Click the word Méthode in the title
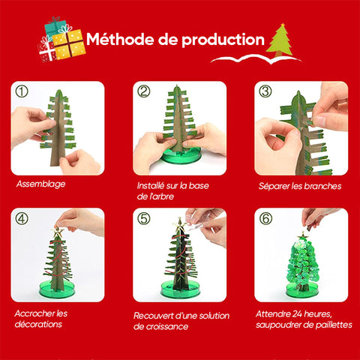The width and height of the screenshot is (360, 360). click(120, 39)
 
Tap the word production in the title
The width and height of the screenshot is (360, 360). click(223, 40)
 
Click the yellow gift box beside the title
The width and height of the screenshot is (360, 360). click(69, 44)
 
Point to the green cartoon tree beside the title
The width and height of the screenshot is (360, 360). click(279, 40)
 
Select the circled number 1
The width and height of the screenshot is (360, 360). click(22, 91)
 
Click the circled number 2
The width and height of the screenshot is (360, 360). click(143, 91)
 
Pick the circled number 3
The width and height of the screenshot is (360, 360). click(265, 91)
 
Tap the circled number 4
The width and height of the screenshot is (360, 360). click(22, 218)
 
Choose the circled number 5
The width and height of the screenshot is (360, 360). click(143, 218)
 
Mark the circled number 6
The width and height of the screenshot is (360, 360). click(265, 218)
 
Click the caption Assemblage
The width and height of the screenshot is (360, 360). click(40, 184)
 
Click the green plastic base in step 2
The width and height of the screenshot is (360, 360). click(181, 155)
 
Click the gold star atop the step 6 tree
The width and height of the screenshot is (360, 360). click(303, 235)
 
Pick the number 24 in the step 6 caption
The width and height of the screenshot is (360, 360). click(298, 314)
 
